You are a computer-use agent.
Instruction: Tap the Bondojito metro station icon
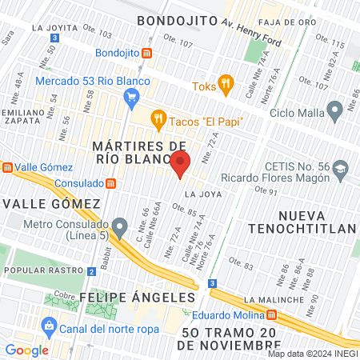tap(147, 54)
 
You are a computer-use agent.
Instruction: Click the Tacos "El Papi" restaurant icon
tap(158, 120)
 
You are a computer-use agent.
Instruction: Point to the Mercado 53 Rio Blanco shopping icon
tap(133, 98)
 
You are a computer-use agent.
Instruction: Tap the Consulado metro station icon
tap(110, 182)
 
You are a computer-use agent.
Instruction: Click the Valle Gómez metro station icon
tap(6, 167)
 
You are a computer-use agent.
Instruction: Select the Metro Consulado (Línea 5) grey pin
tap(120, 227)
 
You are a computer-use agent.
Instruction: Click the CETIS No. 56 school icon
tap(341, 169)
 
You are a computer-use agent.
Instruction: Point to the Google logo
tap(27, 350)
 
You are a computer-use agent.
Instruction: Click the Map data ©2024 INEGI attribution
tap(313, 354)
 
